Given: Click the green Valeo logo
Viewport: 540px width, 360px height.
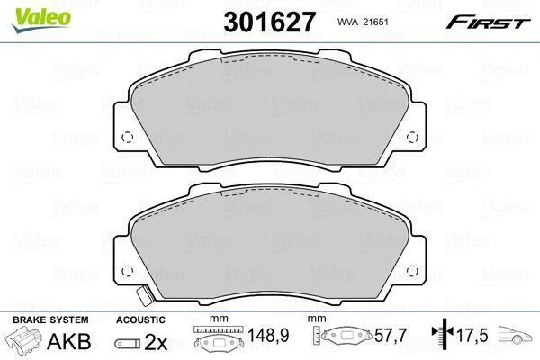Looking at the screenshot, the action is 41,20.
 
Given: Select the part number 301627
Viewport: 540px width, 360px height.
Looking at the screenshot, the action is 269,22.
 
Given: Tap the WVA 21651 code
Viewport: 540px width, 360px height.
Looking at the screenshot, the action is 363,22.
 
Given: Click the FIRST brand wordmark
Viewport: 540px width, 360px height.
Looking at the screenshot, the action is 488,22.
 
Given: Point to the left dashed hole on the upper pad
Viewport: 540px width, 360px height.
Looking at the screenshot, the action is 128,138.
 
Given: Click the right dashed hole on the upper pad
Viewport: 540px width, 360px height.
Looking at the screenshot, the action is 412,138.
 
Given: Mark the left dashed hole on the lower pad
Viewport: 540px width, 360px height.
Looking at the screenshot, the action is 128,271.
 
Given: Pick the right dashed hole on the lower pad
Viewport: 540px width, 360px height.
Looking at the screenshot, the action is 412,271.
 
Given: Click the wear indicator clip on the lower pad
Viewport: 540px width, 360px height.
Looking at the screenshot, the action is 144,295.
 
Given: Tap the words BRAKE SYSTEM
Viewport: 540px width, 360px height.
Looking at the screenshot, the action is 50,319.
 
